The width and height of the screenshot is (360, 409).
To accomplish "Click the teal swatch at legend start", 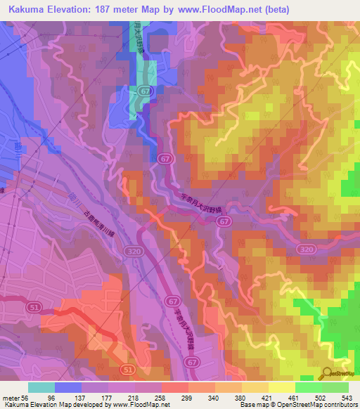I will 41,387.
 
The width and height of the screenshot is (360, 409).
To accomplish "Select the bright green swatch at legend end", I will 335,387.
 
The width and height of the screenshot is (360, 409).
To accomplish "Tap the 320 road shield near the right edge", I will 305,249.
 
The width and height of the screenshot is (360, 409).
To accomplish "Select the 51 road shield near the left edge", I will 34,307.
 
